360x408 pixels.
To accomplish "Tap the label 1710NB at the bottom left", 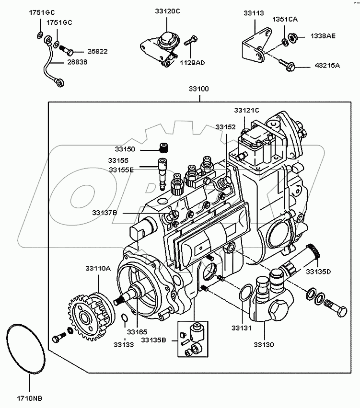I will coord(29,397).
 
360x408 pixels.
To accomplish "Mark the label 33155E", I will coord(121,170).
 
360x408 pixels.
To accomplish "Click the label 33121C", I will coord(246,110).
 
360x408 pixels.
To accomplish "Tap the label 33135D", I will coord(319,272).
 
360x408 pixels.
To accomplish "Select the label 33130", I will coord(264,344).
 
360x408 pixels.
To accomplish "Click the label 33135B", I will coord(153,340).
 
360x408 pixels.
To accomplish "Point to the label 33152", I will coord(225,127).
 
